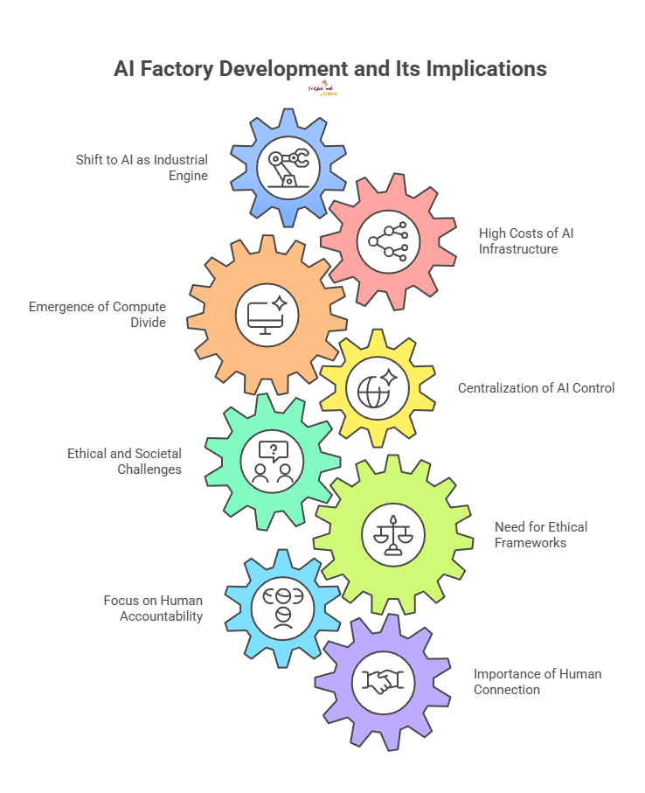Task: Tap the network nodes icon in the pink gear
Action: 387,241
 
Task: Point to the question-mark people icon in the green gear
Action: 273,463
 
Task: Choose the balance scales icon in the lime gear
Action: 392,535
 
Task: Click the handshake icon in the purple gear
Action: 381,681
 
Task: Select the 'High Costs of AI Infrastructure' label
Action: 525,241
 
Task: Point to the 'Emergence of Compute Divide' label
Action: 97,315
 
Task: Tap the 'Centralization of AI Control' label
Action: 536,387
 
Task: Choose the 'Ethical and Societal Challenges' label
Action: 124,462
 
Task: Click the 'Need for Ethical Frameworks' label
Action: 540,535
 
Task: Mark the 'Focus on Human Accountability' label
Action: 153,608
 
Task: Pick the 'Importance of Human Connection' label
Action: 537,682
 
